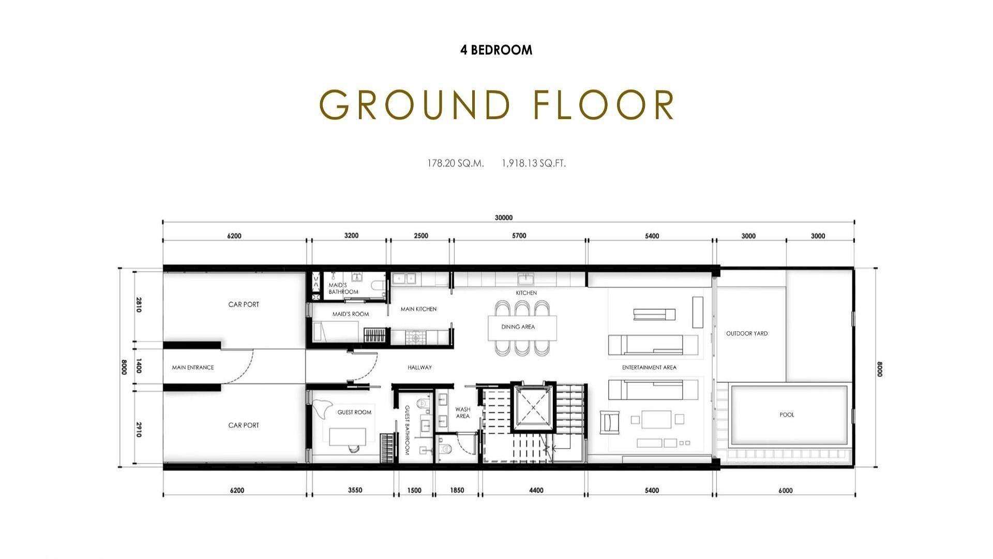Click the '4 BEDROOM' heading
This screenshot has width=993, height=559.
pyautogui.click(x=496, y=50)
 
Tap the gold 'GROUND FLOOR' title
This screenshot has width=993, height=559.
pyautogui.click(x=497, y=105)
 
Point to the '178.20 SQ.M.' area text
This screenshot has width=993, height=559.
pyautogui.click(x=456, y=163)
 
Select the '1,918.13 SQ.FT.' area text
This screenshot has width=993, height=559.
pyautogui.click(x=534, y=163)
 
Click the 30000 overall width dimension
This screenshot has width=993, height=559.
pyautogui.click(x=503, y=218)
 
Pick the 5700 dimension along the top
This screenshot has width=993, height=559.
pyautogui.click(x=519, y=236)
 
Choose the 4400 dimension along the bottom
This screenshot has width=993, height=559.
pyautogui.click(x=536, y=490)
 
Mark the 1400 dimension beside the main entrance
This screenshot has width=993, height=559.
pyautogui.click(x=139, y=367)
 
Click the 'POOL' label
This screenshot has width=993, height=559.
pyautogui.click(x=787, y=415)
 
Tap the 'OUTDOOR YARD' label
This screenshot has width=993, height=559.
pyautogui.click(x=747, y=333)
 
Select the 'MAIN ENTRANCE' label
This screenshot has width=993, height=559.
pyautogui.click(x=193, y=367)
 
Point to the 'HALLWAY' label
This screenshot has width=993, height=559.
pyautogui.click(x=419, y=367)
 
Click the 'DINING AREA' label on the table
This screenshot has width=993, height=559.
pyautogui.click(x=518, y=327)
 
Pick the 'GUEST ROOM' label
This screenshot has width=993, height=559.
pyautogui.click(x=354, y=412)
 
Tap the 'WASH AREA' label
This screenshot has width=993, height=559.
pyautogui.click(x=463, y=413)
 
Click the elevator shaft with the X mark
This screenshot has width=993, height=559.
pyautogui.click(x=533, y=407)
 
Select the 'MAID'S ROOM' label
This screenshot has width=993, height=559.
pyautogui.click(x=351, y=314)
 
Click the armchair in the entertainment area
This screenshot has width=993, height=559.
pyautogui.click(x=610, y=422)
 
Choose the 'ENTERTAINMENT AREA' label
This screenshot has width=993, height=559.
pyautogui.click(x=649, y=367)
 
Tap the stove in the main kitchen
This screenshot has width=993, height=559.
pyautogui.click(x=413, y=338)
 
